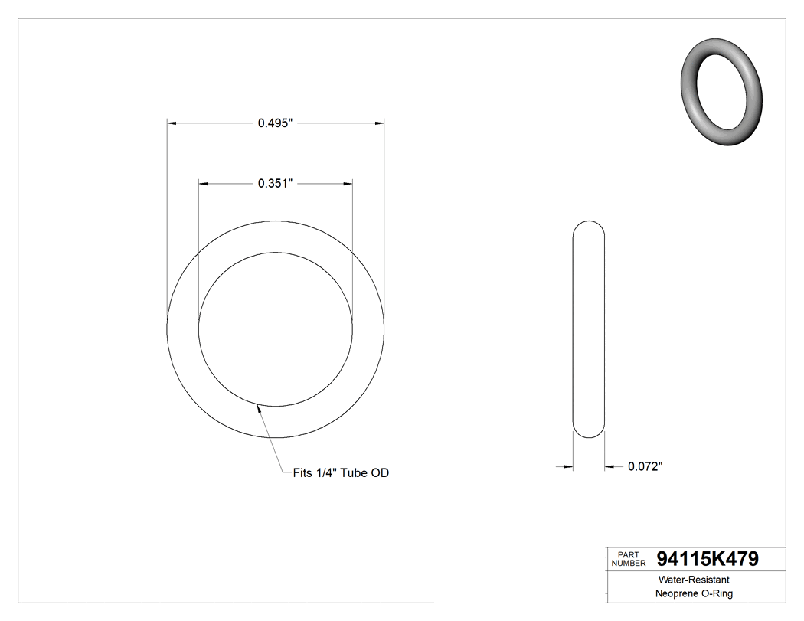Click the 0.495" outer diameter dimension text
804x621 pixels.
point(276,123)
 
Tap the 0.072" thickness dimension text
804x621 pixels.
point(645,466)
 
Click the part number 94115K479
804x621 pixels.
point(708,559)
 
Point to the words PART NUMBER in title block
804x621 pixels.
point(629,559)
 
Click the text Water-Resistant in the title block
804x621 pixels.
point(687,580)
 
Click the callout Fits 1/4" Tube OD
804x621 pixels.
point(341,473)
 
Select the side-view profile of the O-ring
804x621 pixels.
point(589,329)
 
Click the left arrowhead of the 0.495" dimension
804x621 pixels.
point(172,123)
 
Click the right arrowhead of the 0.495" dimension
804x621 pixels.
point(379,123)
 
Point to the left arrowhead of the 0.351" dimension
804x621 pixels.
point(204,183)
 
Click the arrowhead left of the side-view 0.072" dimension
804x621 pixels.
point(568,466)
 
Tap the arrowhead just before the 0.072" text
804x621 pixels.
point(610,466)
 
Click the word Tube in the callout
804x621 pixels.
point(355,473)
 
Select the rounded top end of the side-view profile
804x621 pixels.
point(589,227)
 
